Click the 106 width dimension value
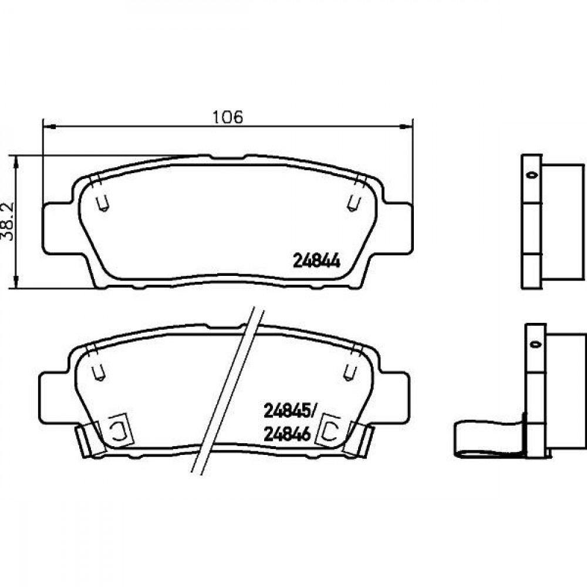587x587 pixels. tap(228, 117)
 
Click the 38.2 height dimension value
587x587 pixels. tap(8, 221)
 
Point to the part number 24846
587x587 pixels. tap(288, 434)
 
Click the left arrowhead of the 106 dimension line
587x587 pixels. tap(49, 127)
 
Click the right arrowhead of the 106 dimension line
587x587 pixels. tap(406, 127)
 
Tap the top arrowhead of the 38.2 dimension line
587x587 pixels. tap(16, 163)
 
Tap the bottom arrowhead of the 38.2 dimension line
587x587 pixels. tap(16, 282)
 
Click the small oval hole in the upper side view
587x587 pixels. tap(532, 175)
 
